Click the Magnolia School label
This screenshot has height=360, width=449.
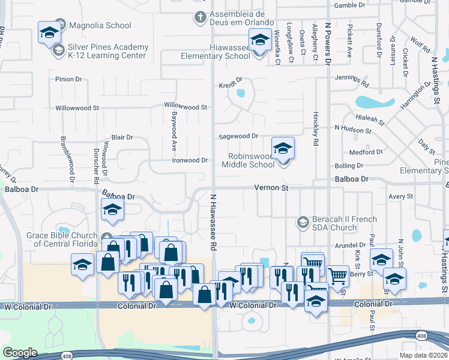point(100,25)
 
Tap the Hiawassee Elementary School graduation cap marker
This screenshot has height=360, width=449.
point(259,41)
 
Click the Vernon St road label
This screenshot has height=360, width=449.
point(271,188)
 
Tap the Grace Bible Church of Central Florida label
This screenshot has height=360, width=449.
point(62,239)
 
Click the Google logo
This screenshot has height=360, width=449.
point(20,353)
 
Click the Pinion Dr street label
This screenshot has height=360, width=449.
point(68,79)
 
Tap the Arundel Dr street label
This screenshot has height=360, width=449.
point(351,245)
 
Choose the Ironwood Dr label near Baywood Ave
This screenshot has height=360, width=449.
point(190,160)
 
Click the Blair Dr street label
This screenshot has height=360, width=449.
point(121,137)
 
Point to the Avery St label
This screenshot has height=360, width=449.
point(401,196)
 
